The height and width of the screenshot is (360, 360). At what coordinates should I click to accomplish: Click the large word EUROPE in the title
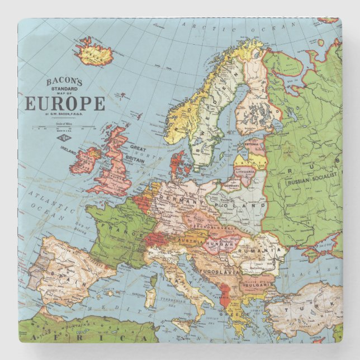tap(64, 104)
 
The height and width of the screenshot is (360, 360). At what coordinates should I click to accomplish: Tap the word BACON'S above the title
tap(64, 82)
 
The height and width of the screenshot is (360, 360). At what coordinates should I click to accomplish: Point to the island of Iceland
tap(95, 53)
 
